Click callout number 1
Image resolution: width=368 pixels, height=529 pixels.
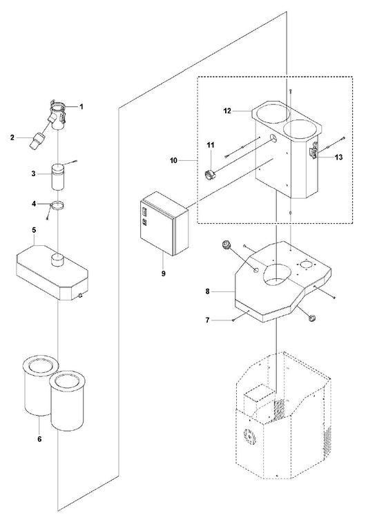(81, 106)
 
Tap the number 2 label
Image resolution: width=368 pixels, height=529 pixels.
(12, 137)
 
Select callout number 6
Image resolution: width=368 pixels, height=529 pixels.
(39, 439)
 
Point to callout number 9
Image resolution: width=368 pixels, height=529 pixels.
(163, 273)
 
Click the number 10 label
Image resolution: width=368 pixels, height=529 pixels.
(173, 161)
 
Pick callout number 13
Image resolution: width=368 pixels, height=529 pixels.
(338, 157)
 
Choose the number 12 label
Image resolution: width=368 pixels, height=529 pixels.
(227, 110)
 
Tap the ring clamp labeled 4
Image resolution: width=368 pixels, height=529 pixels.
(58, 206)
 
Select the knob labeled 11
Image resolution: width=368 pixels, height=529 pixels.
(211, 175)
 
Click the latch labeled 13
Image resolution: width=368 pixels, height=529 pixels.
(313, 150)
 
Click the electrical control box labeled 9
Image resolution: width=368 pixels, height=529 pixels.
(164, 224)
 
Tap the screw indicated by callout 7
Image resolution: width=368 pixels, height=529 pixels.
(233, 320)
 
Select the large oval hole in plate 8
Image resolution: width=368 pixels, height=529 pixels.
(275, 273)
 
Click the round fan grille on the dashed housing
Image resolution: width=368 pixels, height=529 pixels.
(250, 438)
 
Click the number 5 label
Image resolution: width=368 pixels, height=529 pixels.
(34, 230)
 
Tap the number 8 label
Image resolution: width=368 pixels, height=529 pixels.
(207, 291)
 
